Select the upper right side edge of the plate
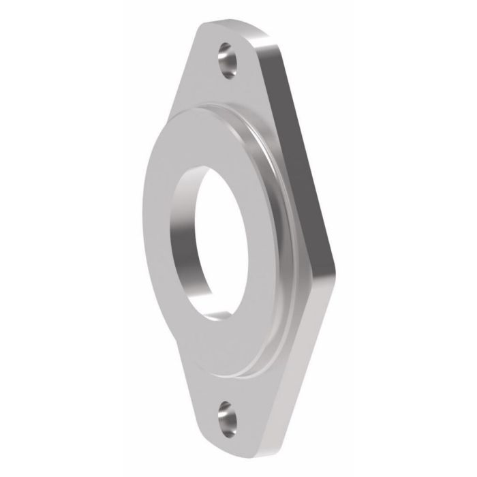(300, 136)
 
